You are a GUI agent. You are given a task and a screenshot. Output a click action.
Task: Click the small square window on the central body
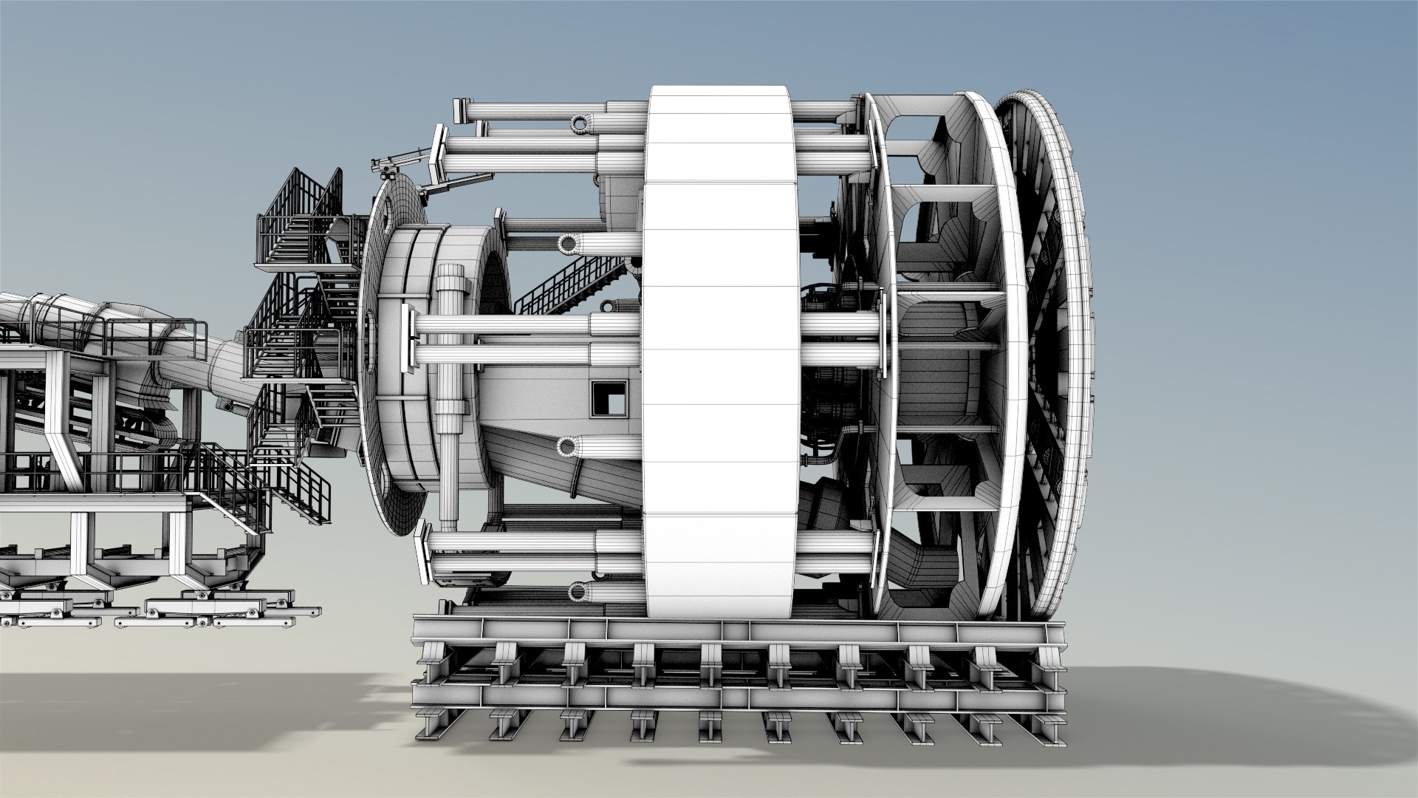click(608, 398)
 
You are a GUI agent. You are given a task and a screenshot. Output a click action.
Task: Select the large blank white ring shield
click(717, 355)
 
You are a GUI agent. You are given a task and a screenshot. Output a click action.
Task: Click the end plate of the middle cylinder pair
click(408, 340)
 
